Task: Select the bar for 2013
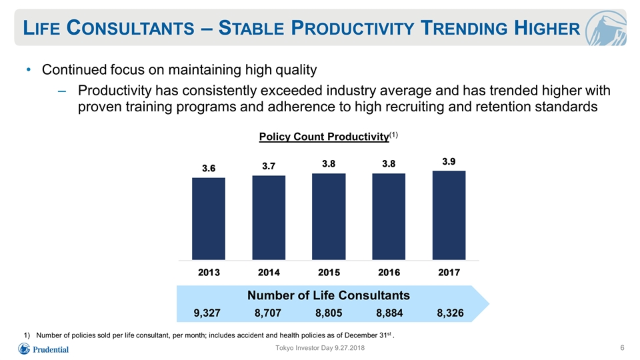tap(209, 219)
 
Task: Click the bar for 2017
tap(449, 215)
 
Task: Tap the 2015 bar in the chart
tap(329, 217)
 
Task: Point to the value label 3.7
tap(269, 166)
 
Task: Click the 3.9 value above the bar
tap(449, 161)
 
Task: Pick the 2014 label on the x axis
tap(269, 272)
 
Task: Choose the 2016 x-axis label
tap(389, 272)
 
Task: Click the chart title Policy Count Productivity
tap(324, 136)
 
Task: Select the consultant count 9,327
tap(207, 313)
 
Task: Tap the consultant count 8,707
tap(268, 313)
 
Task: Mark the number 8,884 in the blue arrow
tap(389, 313)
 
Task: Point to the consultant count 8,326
tap(450, 313)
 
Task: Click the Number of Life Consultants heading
tap(329, 295)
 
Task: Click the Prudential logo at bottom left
tap(43, 349)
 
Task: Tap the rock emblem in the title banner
tap(606, 28)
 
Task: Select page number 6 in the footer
tap(622, 348)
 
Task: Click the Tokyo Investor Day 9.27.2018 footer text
tap(320, 348)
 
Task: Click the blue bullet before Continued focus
tap(29, 70)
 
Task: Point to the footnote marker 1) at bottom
tap(27, 335)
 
